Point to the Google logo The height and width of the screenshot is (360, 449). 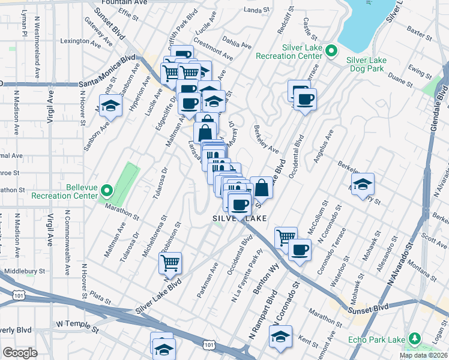20,352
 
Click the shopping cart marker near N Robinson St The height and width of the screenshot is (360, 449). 170,262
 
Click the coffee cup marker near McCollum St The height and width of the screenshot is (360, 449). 300,250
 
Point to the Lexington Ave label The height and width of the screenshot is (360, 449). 81,41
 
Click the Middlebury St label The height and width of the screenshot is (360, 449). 25,271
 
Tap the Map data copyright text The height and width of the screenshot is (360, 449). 424,355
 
